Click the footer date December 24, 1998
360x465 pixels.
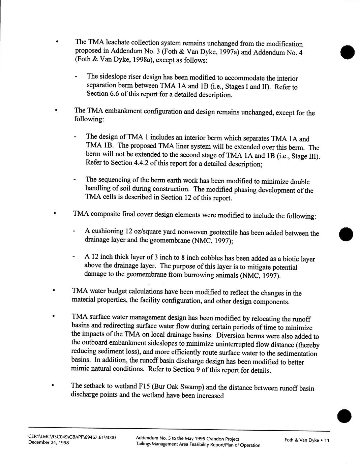click(49, 443)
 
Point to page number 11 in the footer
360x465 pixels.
click(326, 440)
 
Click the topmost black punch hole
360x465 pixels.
click(348, 52)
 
